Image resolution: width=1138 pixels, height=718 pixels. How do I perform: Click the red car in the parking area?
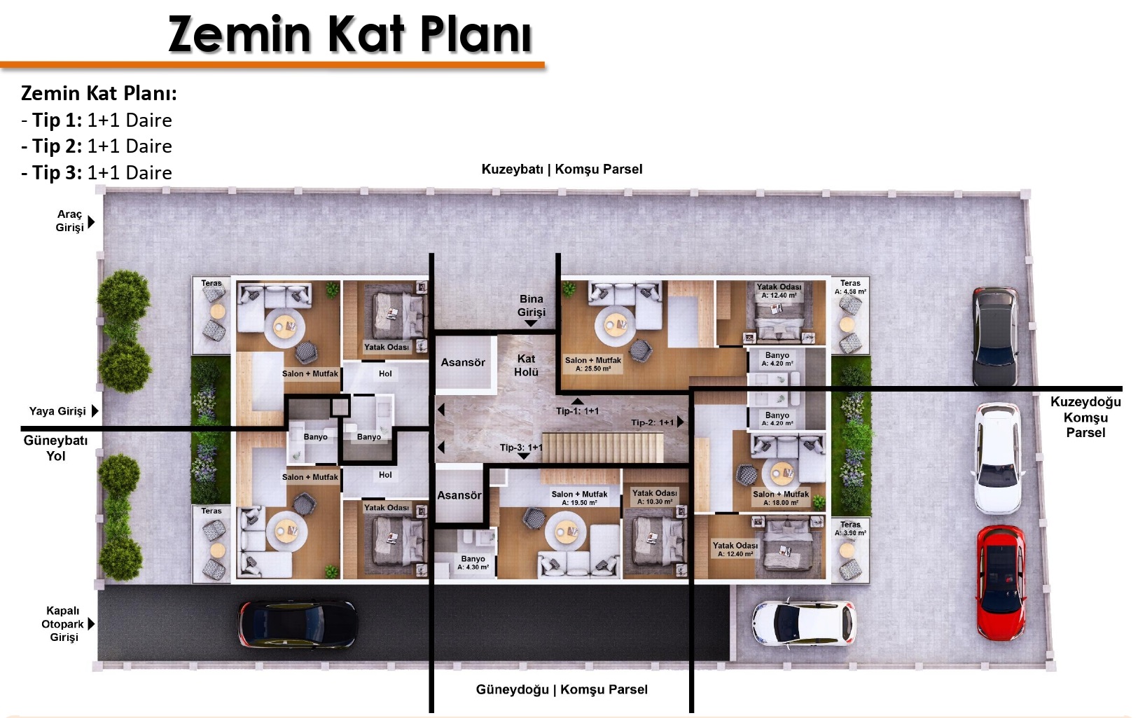coord(1000,584)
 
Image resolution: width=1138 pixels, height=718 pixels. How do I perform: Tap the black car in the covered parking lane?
coord(298,625)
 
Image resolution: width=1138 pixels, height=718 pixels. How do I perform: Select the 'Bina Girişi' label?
coord(532,305)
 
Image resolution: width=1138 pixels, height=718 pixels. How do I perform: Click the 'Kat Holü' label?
coord(527,366)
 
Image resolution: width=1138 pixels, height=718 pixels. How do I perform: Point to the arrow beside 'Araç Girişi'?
coord(92,222)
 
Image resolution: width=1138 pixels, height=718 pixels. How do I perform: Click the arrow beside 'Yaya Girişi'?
coord(95,410)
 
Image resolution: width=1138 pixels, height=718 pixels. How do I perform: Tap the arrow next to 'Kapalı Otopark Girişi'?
coord(92,623)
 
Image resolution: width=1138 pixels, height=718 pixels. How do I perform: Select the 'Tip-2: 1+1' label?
coord(653,422)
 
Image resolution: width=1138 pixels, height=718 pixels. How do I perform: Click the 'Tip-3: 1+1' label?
coord(521,447)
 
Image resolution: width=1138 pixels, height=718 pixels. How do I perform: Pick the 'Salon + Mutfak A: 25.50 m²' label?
coord(593,364)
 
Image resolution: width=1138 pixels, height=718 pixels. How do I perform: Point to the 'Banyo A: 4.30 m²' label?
coord(473,562)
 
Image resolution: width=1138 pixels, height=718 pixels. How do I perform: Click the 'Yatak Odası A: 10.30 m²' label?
coord(654,497)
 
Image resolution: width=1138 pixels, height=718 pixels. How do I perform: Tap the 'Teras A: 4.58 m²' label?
coord(850,287)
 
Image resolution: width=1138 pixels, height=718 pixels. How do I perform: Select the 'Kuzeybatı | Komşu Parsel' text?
coord(562,170)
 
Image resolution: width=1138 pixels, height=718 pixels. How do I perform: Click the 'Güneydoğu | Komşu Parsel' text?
coord(562,689)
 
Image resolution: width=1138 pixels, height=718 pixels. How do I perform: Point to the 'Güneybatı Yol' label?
coord(56,448)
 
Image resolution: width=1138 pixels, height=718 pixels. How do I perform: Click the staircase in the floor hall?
coord(602,448)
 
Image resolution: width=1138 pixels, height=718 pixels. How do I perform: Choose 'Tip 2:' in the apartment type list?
coord(57,146)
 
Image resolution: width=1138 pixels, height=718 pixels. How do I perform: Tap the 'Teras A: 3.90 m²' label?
coord(850,528)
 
